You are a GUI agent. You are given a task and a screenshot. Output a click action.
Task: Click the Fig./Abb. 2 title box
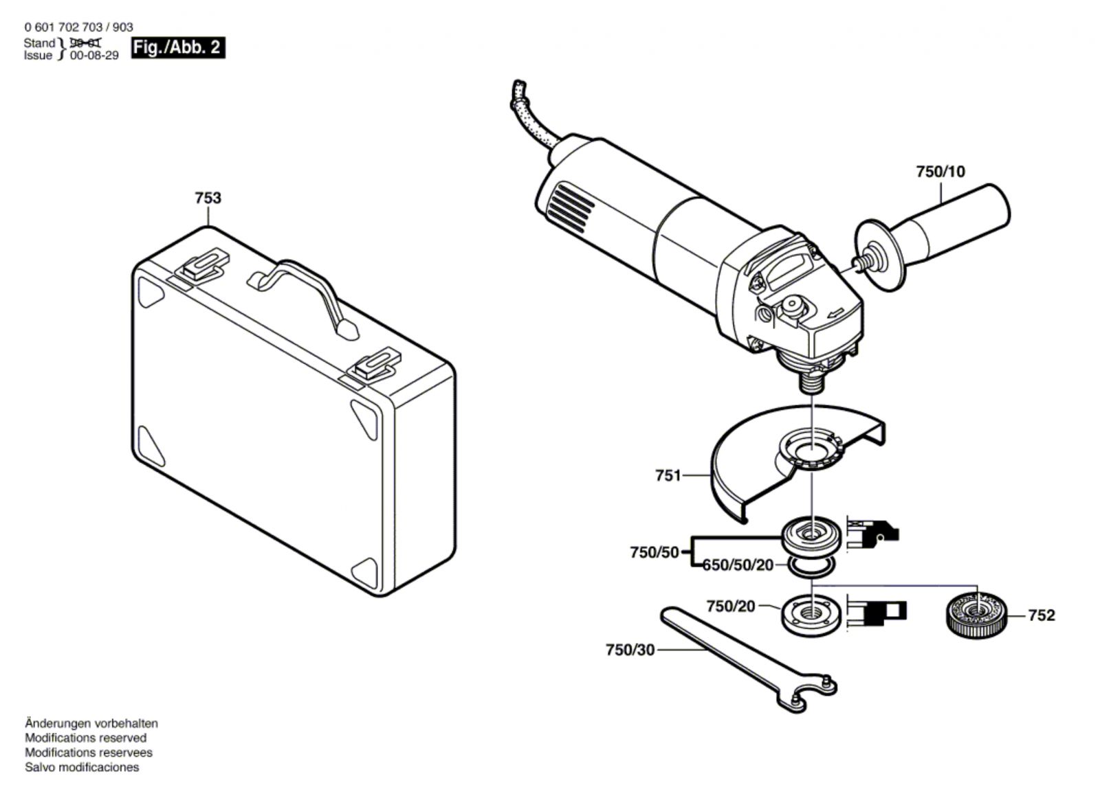pyautogui.click(x=178, y=47)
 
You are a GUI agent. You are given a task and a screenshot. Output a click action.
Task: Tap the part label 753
pyautogui.click(x=208, y=198)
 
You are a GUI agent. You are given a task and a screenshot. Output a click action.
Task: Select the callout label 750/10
pyautogui.click(x=940, y=172)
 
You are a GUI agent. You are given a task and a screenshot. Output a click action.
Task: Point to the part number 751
pyautogui.click(x=668, y=475)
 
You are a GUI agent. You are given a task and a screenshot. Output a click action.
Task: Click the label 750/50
pyautogui.click(x=654, y=552)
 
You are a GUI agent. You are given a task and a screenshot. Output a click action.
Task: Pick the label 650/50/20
pyautogui.click(x=738, y=565)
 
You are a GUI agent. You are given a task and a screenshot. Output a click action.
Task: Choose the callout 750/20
pyautogui.click(x=730, y=606)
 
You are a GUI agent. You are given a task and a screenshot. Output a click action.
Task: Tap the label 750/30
pyautogui.click(x=630, y=649)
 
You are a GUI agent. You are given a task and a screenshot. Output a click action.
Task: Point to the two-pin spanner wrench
pyautogui.click(x=742, y=659)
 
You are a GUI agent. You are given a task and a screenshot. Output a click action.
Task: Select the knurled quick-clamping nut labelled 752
pyautogui.click(x=976, y=614)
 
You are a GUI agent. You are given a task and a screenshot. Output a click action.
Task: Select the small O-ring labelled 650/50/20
pyautogui.click(x=812, y=567)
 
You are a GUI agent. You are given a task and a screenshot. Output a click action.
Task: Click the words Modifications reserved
pyautogui.click(x=86, y=738)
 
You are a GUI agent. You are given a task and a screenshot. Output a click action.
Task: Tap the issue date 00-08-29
pyautogui.click(x=94, y=56)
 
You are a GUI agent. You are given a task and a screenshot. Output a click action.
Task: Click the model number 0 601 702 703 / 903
pyautogui.click(x=78, y=27)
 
